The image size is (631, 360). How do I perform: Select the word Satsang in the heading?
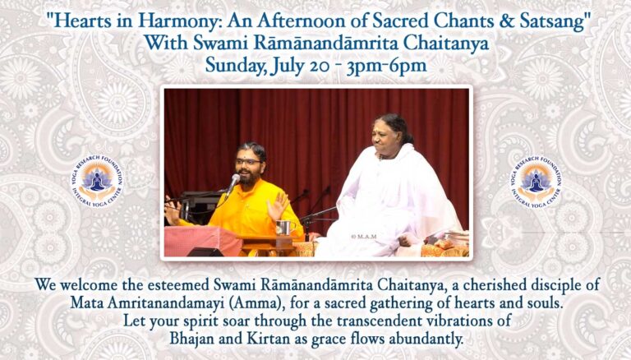pos(552,21)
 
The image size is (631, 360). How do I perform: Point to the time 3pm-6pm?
pos(386,66)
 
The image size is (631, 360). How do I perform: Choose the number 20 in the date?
pos(320,67)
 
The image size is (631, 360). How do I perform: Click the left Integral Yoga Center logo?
pos(98,181)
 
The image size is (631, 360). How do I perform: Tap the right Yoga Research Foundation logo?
pos(536,181)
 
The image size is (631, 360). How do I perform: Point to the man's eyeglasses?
pos(248,161)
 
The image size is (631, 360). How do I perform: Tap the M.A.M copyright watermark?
pos(363,237)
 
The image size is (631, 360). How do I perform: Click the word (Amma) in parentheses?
pos(256,302)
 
